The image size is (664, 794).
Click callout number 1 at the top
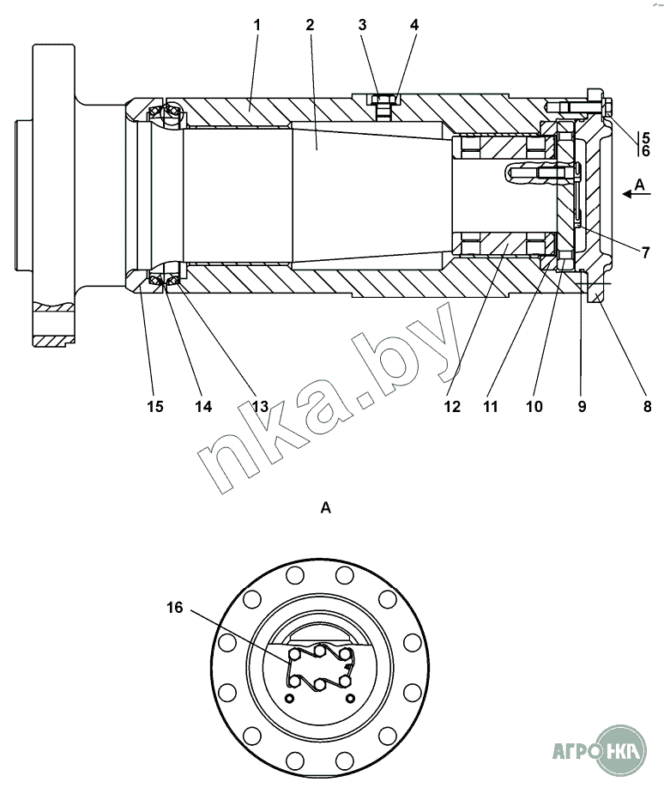point(257,25)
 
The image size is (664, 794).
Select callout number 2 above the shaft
point(310,25)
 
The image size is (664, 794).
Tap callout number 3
point(362,25)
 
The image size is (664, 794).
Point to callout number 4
point(414,25)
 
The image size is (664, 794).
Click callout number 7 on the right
point(645,252)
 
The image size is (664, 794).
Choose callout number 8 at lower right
point(647,406)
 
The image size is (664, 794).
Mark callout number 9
point(582,406)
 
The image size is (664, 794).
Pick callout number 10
point(534,406)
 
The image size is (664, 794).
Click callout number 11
point(491,406)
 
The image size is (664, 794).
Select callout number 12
point(452,406)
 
